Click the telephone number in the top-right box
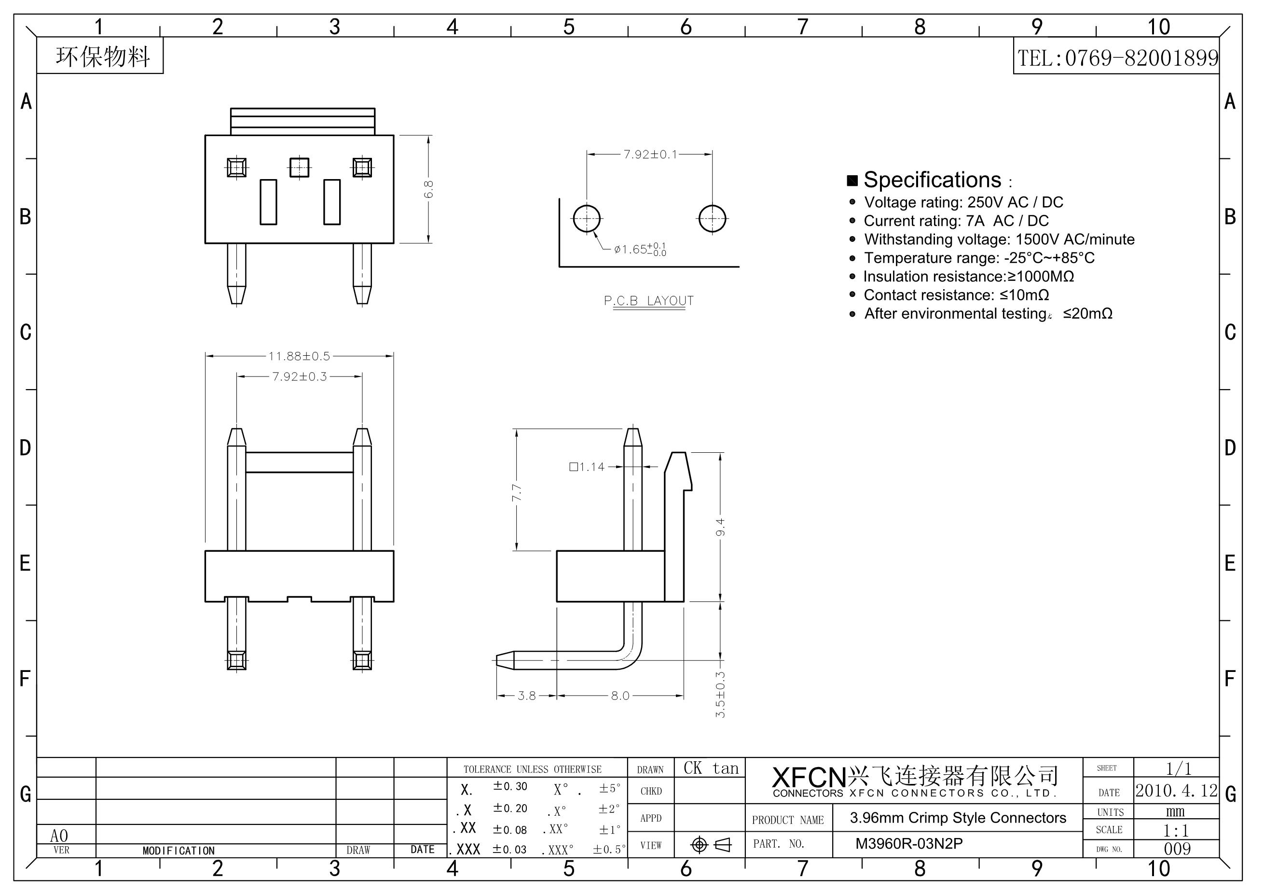pos(1117,58)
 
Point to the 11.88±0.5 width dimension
pos(299,356)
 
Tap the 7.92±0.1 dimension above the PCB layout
pos(650,154)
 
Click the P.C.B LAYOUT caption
pos(648,301)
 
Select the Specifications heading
pos(932,180)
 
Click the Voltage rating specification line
pos(963,202)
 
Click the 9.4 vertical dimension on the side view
pos(721,527)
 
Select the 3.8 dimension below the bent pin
pos(526,696)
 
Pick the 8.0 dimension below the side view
pos(620,696)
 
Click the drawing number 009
pos(1177,849)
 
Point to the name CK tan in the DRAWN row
pos(710,768)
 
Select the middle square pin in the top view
pos(299,167)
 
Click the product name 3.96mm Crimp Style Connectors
pos(958,818)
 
